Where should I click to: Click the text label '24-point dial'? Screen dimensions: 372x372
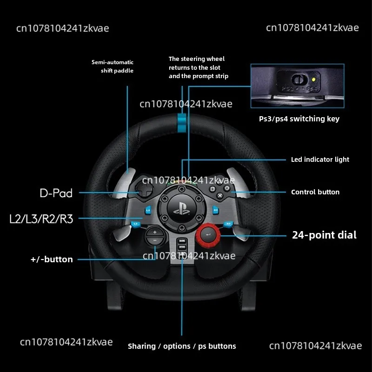324,235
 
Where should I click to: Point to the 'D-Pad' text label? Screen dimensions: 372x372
56,193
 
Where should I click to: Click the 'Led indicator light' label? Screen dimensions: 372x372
320,159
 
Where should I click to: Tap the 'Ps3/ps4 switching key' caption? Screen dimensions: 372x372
299,119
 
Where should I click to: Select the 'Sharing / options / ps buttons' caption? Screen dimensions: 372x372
182,346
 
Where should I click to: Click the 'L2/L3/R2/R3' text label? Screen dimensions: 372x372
41,219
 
